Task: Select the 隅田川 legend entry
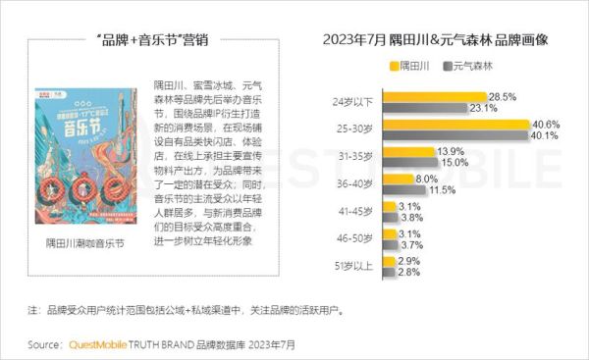coord(411,67)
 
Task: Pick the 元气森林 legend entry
coord(473,67)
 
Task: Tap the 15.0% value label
coord(455,163)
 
